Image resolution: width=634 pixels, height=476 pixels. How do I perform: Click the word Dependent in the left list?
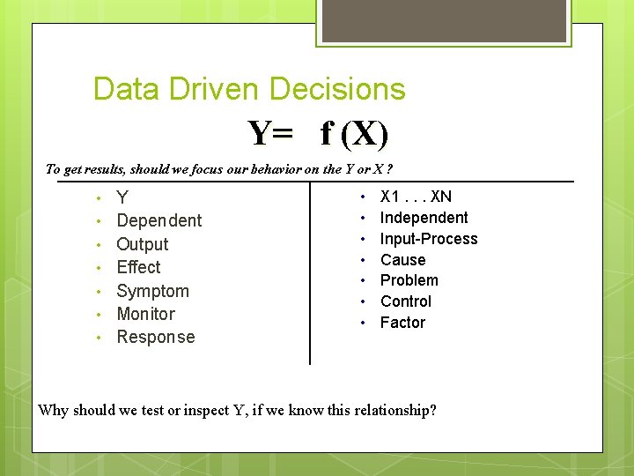(x=158, y=220)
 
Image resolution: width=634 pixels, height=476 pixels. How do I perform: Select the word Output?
(x=142, y=244)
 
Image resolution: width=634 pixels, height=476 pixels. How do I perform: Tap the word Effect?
(x=138, y=267)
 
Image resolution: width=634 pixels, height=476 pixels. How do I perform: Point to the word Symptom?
(x=152, y=291)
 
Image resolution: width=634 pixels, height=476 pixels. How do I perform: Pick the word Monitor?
(x=145, y=314)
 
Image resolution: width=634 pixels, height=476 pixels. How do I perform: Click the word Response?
(x=155, y=337)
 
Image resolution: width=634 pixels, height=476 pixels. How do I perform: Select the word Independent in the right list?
(x=424, y=218)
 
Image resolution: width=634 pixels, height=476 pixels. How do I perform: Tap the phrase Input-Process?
(x=428, y=239)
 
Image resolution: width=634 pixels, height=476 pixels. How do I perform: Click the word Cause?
(x=402, y=260)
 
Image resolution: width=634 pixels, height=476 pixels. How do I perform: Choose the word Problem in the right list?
(x=409, y=280)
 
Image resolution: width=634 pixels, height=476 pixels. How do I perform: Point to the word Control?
(x=405, y=301)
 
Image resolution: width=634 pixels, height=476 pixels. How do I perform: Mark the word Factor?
(x=402, y=323)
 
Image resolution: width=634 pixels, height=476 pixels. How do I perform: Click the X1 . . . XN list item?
(x=416, y=197)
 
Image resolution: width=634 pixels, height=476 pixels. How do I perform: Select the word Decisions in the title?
(x=337, y=89)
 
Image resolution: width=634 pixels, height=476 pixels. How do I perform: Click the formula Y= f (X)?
(x=318, y=133)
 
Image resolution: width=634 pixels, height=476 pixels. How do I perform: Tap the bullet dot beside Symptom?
(x=100, y=292)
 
